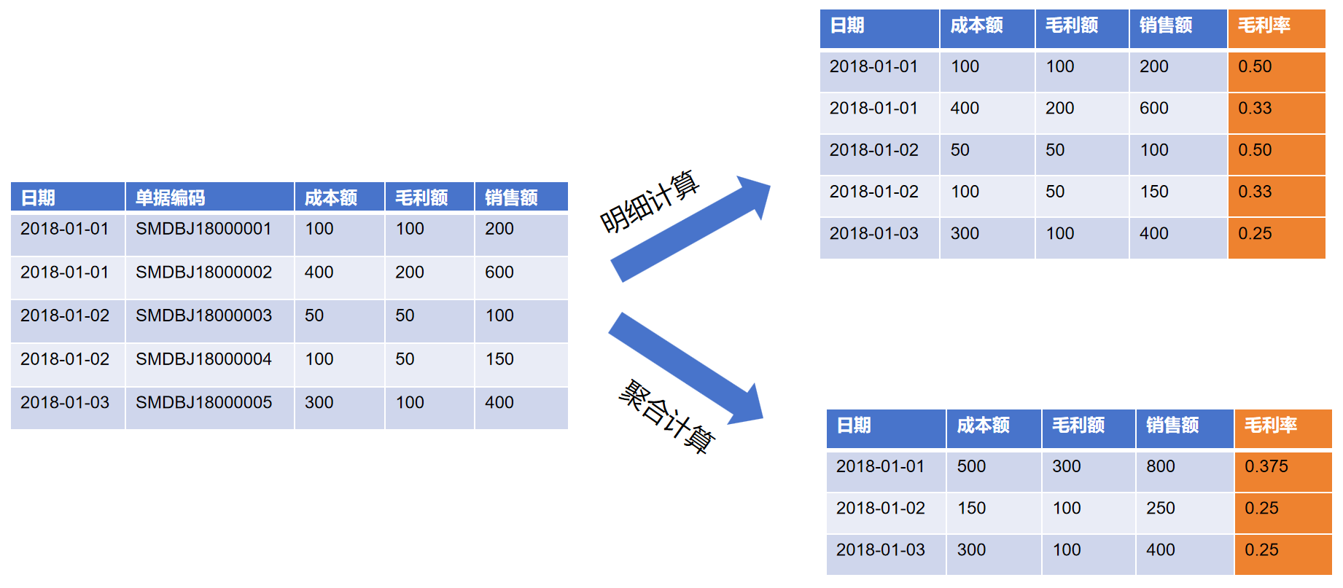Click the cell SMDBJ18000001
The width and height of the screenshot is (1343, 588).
[203, 229]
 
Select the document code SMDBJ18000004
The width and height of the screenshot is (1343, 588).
[203, 359]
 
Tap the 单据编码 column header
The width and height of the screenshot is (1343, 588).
[170, 197]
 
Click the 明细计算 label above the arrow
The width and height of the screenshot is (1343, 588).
[649, 202]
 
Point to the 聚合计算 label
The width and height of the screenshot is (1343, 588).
[666, 416]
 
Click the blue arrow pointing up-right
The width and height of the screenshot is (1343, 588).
[690, 229]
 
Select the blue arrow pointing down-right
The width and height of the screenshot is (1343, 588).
[686, 368]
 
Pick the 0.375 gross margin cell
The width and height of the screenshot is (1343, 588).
[1266, 466]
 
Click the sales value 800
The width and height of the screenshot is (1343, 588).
[1161, 466]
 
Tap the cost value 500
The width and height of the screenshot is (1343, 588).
[971, 466]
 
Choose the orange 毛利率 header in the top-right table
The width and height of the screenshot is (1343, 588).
[1264, 26]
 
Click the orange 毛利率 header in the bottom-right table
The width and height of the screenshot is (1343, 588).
[1271, 426]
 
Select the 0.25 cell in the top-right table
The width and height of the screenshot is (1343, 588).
[1255, 234]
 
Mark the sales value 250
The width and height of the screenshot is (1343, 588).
[1161, 508]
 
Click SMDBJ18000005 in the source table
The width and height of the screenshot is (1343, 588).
[203, 402]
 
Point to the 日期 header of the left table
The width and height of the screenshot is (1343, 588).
[38, 197]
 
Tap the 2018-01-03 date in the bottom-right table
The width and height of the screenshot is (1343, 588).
[880, 550]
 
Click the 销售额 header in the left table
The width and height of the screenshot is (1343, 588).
[511, 197]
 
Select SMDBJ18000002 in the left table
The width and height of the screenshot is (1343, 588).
[203, 273]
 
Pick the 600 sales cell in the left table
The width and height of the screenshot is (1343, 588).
[499, 273]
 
